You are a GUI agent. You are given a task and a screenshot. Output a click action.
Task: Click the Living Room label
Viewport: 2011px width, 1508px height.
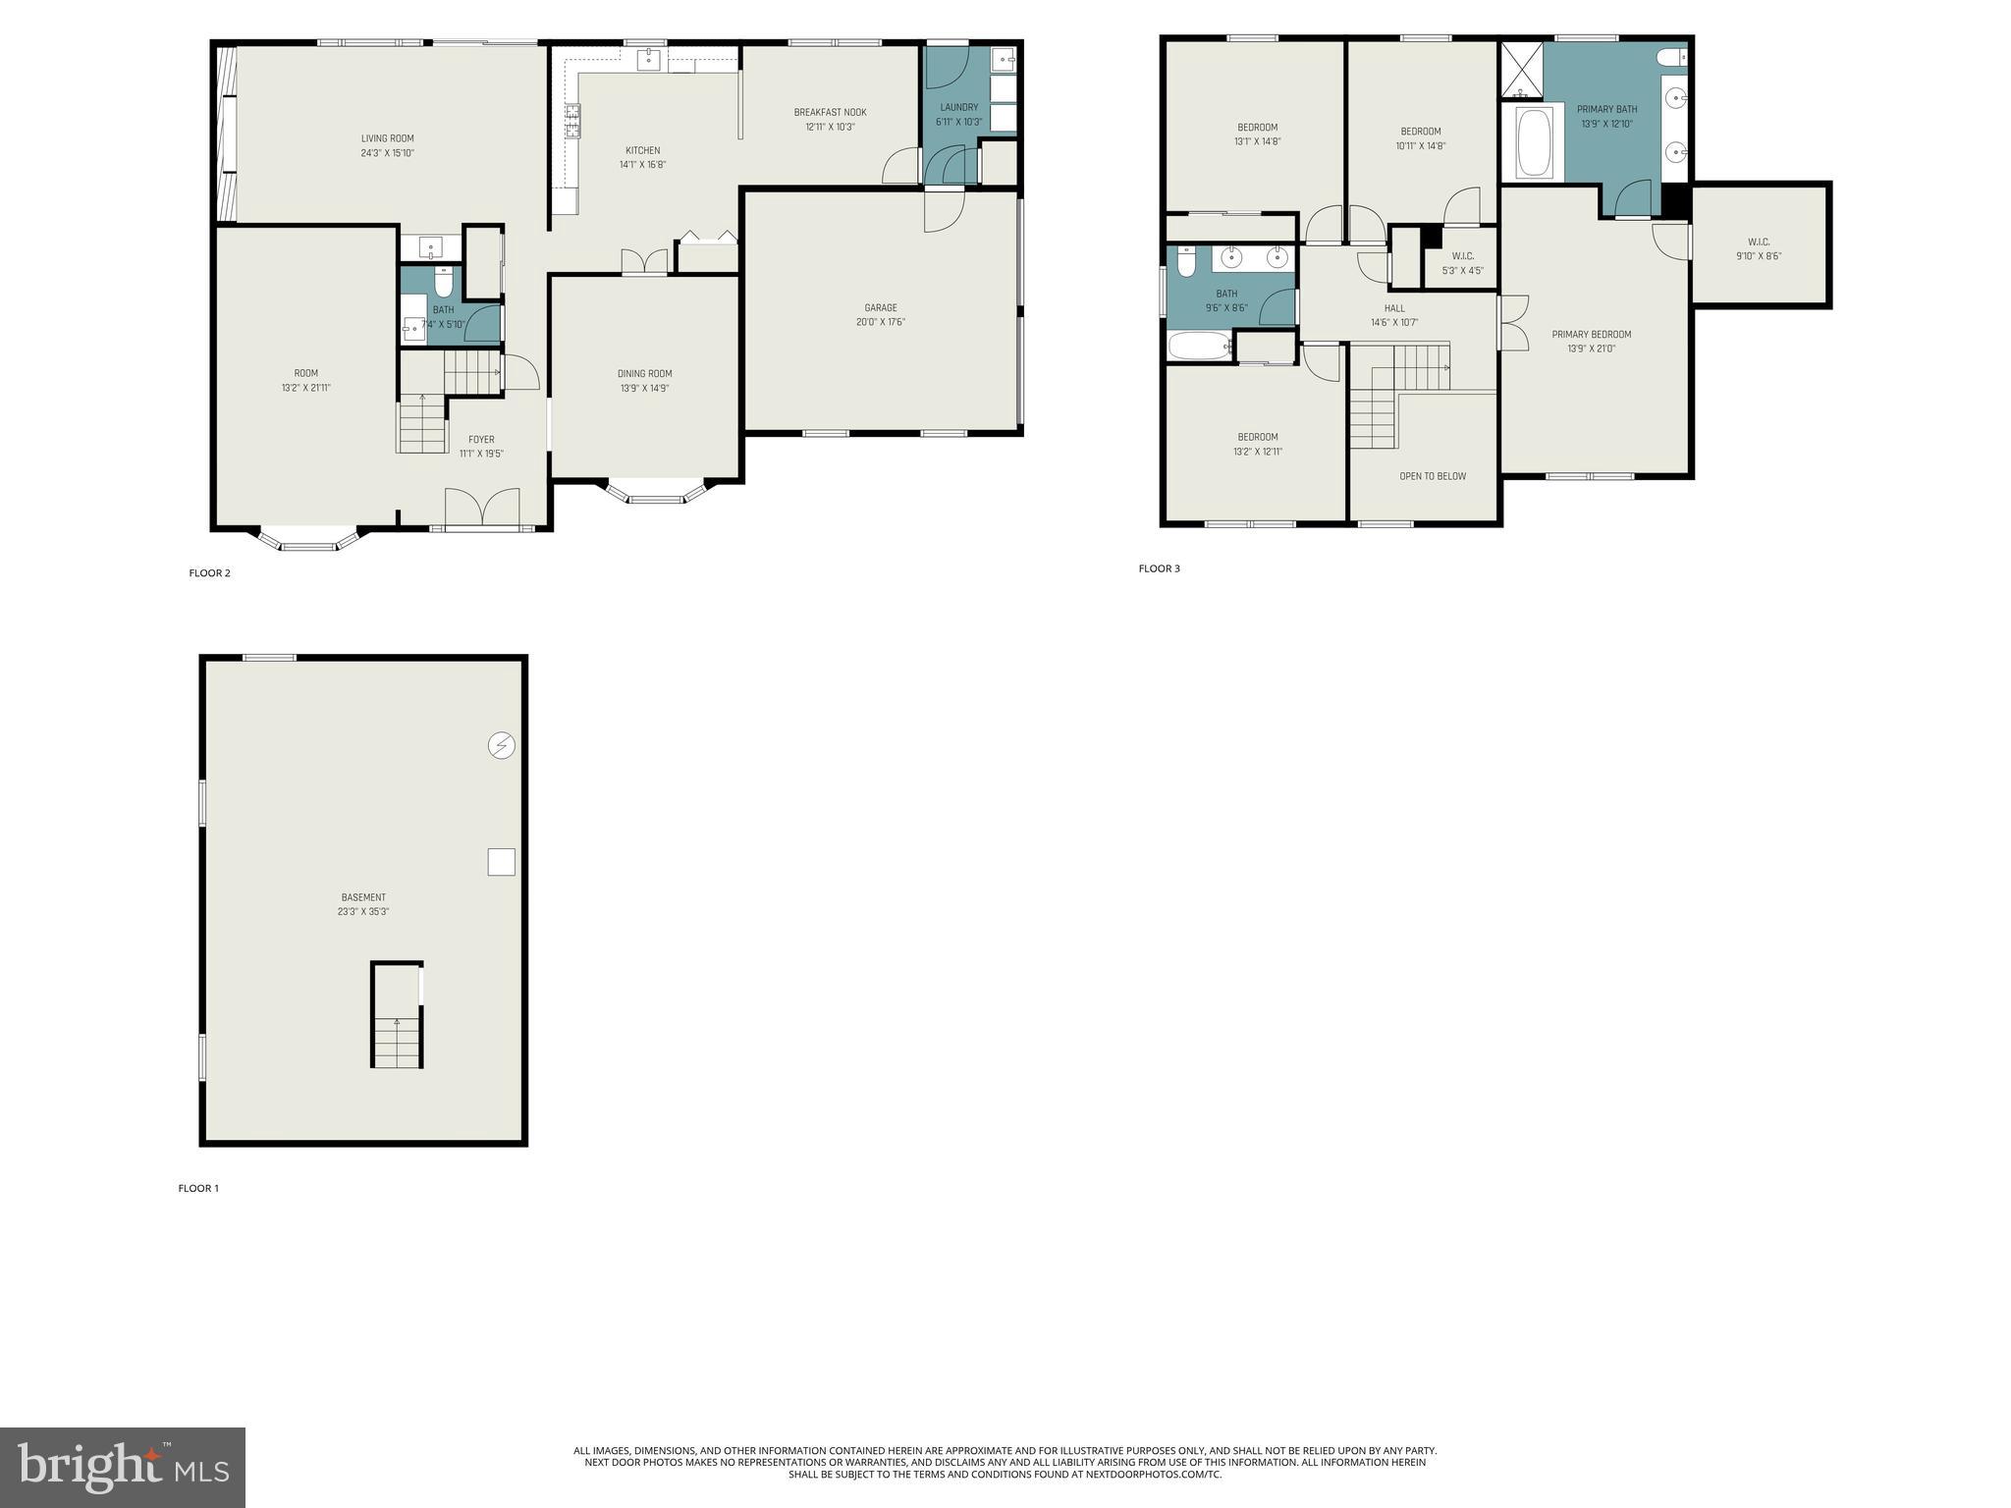[x=387, y=138]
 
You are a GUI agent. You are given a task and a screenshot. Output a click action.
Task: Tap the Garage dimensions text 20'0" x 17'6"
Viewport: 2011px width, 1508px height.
[x=880, y=322]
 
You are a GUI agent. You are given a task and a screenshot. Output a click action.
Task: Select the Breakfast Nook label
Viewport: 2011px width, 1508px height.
[x=830, y=112]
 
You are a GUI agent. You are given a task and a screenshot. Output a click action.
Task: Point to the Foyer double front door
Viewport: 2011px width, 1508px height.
[x=481, y=509]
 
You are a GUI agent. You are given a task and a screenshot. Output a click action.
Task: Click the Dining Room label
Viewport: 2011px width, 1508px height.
[x=644, y=373]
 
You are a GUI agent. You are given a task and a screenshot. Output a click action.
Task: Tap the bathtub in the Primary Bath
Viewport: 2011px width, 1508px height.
[x=1531, y=143]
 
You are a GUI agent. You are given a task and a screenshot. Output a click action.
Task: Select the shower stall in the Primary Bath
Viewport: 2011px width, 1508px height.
[x=1522, y=69]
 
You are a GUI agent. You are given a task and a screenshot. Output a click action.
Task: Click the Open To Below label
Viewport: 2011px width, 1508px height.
[x=1432, y=476]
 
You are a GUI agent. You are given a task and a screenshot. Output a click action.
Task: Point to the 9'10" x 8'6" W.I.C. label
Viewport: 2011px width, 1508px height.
[x=1758, y=242]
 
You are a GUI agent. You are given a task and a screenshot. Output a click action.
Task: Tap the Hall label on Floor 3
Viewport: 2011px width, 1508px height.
[x=1393, y=308]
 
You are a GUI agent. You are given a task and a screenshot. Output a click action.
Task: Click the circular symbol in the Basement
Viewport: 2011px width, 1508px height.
[x=501, y=746]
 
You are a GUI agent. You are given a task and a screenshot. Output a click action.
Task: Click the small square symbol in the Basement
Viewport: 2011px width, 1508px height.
[x=501, y=862]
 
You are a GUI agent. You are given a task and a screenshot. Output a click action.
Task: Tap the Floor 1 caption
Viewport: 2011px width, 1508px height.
[x=198, y=1188]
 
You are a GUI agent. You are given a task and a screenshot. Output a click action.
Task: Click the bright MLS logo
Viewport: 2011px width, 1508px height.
[x=123, y=1467]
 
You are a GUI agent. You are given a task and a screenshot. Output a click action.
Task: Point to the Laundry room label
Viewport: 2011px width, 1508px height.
[x=958, y=108]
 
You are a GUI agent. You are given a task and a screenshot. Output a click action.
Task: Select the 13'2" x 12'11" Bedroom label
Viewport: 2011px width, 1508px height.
[x=1257, y=437]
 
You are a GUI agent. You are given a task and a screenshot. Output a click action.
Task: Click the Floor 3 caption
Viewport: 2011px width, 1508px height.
[x=1159, y=568]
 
